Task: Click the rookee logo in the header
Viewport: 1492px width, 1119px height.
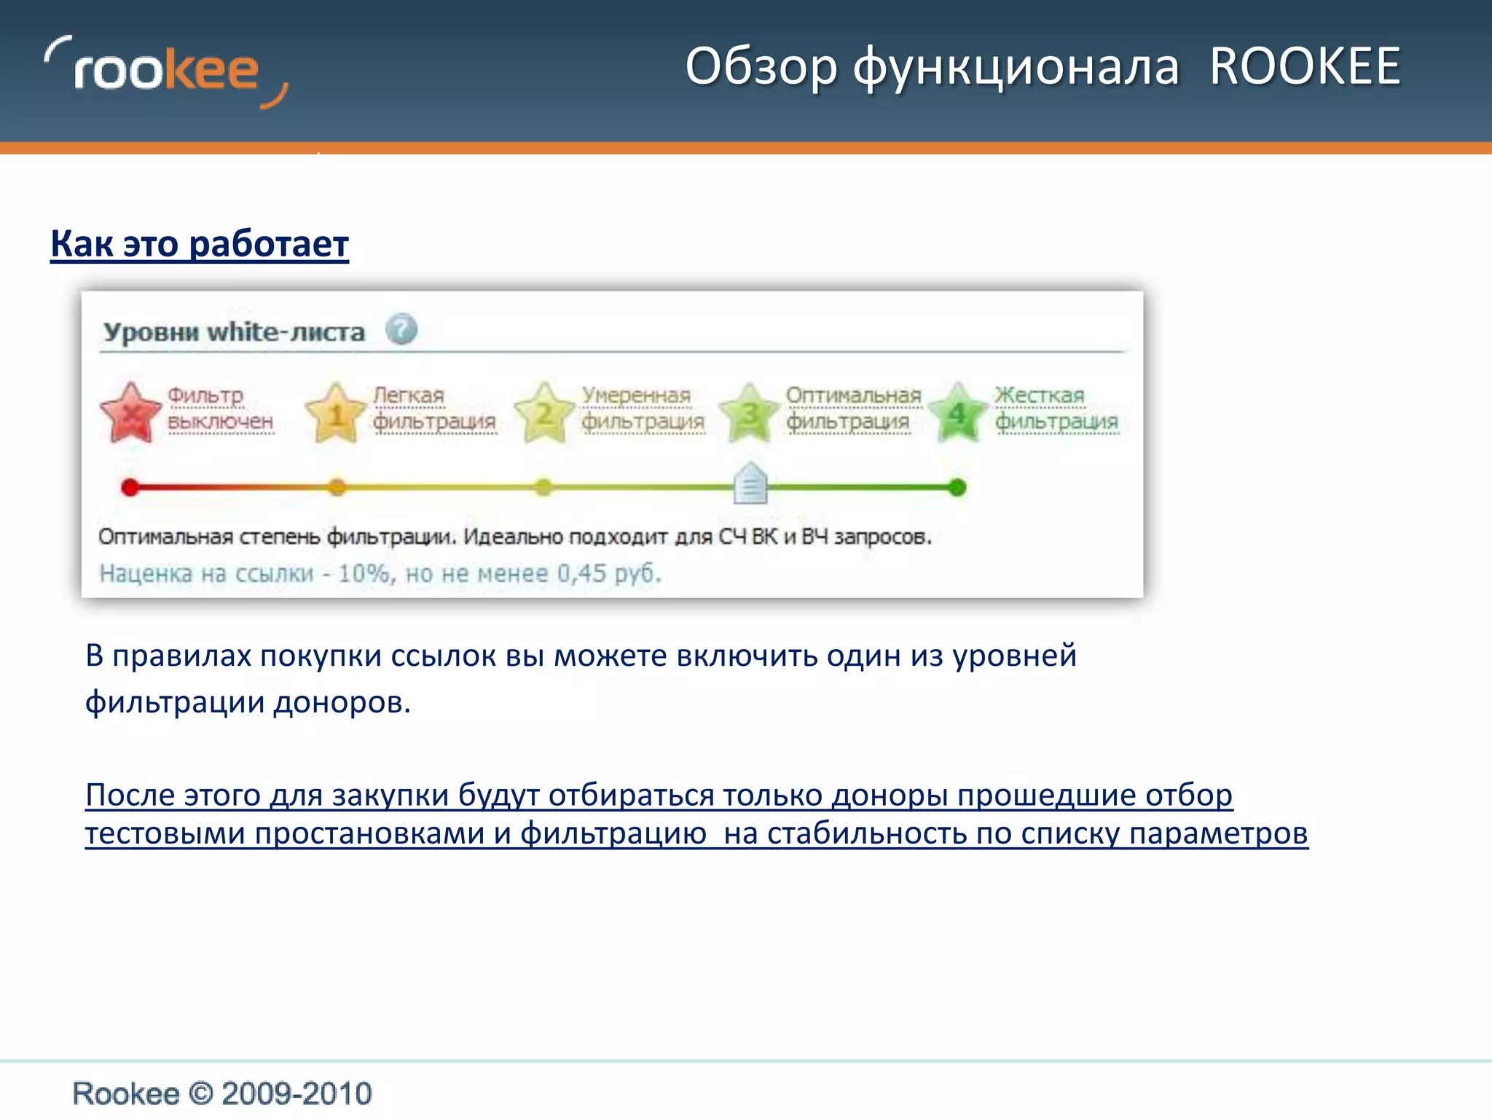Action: click(166, 71)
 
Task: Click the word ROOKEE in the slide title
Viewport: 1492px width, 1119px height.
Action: click(1305, 66)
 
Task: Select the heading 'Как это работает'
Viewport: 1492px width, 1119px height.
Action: click(200, 243)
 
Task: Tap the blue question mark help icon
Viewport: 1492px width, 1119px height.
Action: click(401, 329)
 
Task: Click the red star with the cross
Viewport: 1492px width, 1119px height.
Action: click(130, 413)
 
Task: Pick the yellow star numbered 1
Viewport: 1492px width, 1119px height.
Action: click(335, 413)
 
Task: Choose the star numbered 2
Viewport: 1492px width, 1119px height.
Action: click(543, 413)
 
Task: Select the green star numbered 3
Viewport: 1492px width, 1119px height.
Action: click(749, 413)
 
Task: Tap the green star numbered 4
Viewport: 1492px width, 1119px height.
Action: click(957, 413)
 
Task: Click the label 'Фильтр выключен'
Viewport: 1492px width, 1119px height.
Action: click(220, 408)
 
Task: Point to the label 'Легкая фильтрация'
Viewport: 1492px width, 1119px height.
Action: click(433, 408)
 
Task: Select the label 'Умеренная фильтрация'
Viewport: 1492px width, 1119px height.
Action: click(643, 408)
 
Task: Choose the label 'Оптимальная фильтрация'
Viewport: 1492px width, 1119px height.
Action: click(852, 408)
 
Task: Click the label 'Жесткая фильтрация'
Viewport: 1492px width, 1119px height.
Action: click(1056, 408)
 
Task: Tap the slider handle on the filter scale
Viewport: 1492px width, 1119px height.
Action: click(750, 484)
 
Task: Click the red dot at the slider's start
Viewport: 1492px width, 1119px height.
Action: click(130, 487)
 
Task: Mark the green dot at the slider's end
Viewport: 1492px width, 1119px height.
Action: click(957, 487)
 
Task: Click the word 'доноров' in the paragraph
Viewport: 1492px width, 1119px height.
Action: click(342, 702)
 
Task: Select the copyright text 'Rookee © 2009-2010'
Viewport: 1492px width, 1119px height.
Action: click(222, 1094)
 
